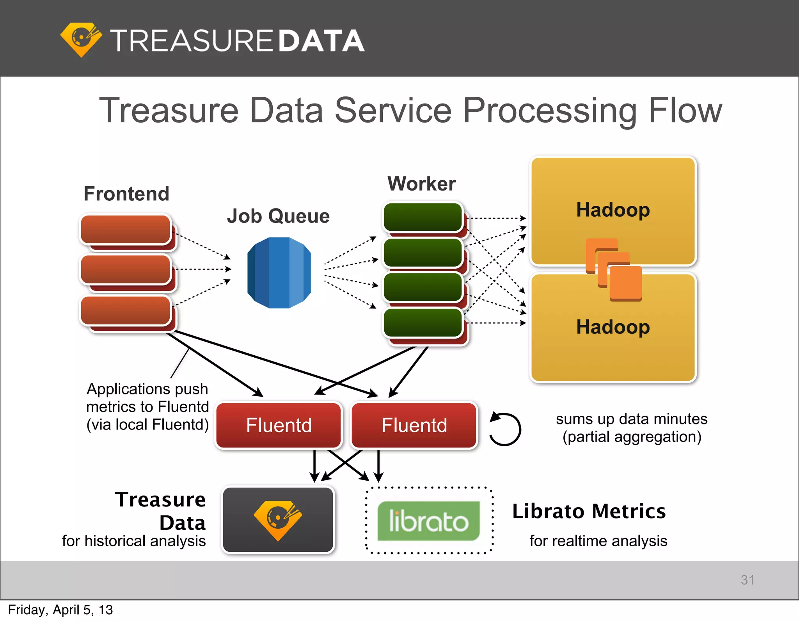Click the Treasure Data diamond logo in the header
click(x=81, y=39)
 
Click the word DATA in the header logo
click(x=321, y=41)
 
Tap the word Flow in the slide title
click(x=685, y=111)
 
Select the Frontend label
click(x=126, y=194)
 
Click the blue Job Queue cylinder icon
click(x=279, y=273)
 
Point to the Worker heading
click(x=421, y=184)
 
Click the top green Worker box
click(x=423, y=217)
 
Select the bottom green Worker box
click(x=423, y=323)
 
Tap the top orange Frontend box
click(x=126, y=229)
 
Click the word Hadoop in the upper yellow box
click(x=613, y=210)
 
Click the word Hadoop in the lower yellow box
click(x=613, y=327)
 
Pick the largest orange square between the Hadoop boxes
click(x=626, y=283)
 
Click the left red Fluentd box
click(x=279, y=425)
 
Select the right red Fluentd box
click(x=414, y=425)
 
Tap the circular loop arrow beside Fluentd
click(x=505, y=429)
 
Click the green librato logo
click(x=428, y=521)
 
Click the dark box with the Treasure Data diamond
click(x=278, y=520)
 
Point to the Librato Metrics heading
click(x=589, y=512)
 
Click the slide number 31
click(x=747, y=580)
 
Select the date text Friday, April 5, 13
click(x=60, y=610)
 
